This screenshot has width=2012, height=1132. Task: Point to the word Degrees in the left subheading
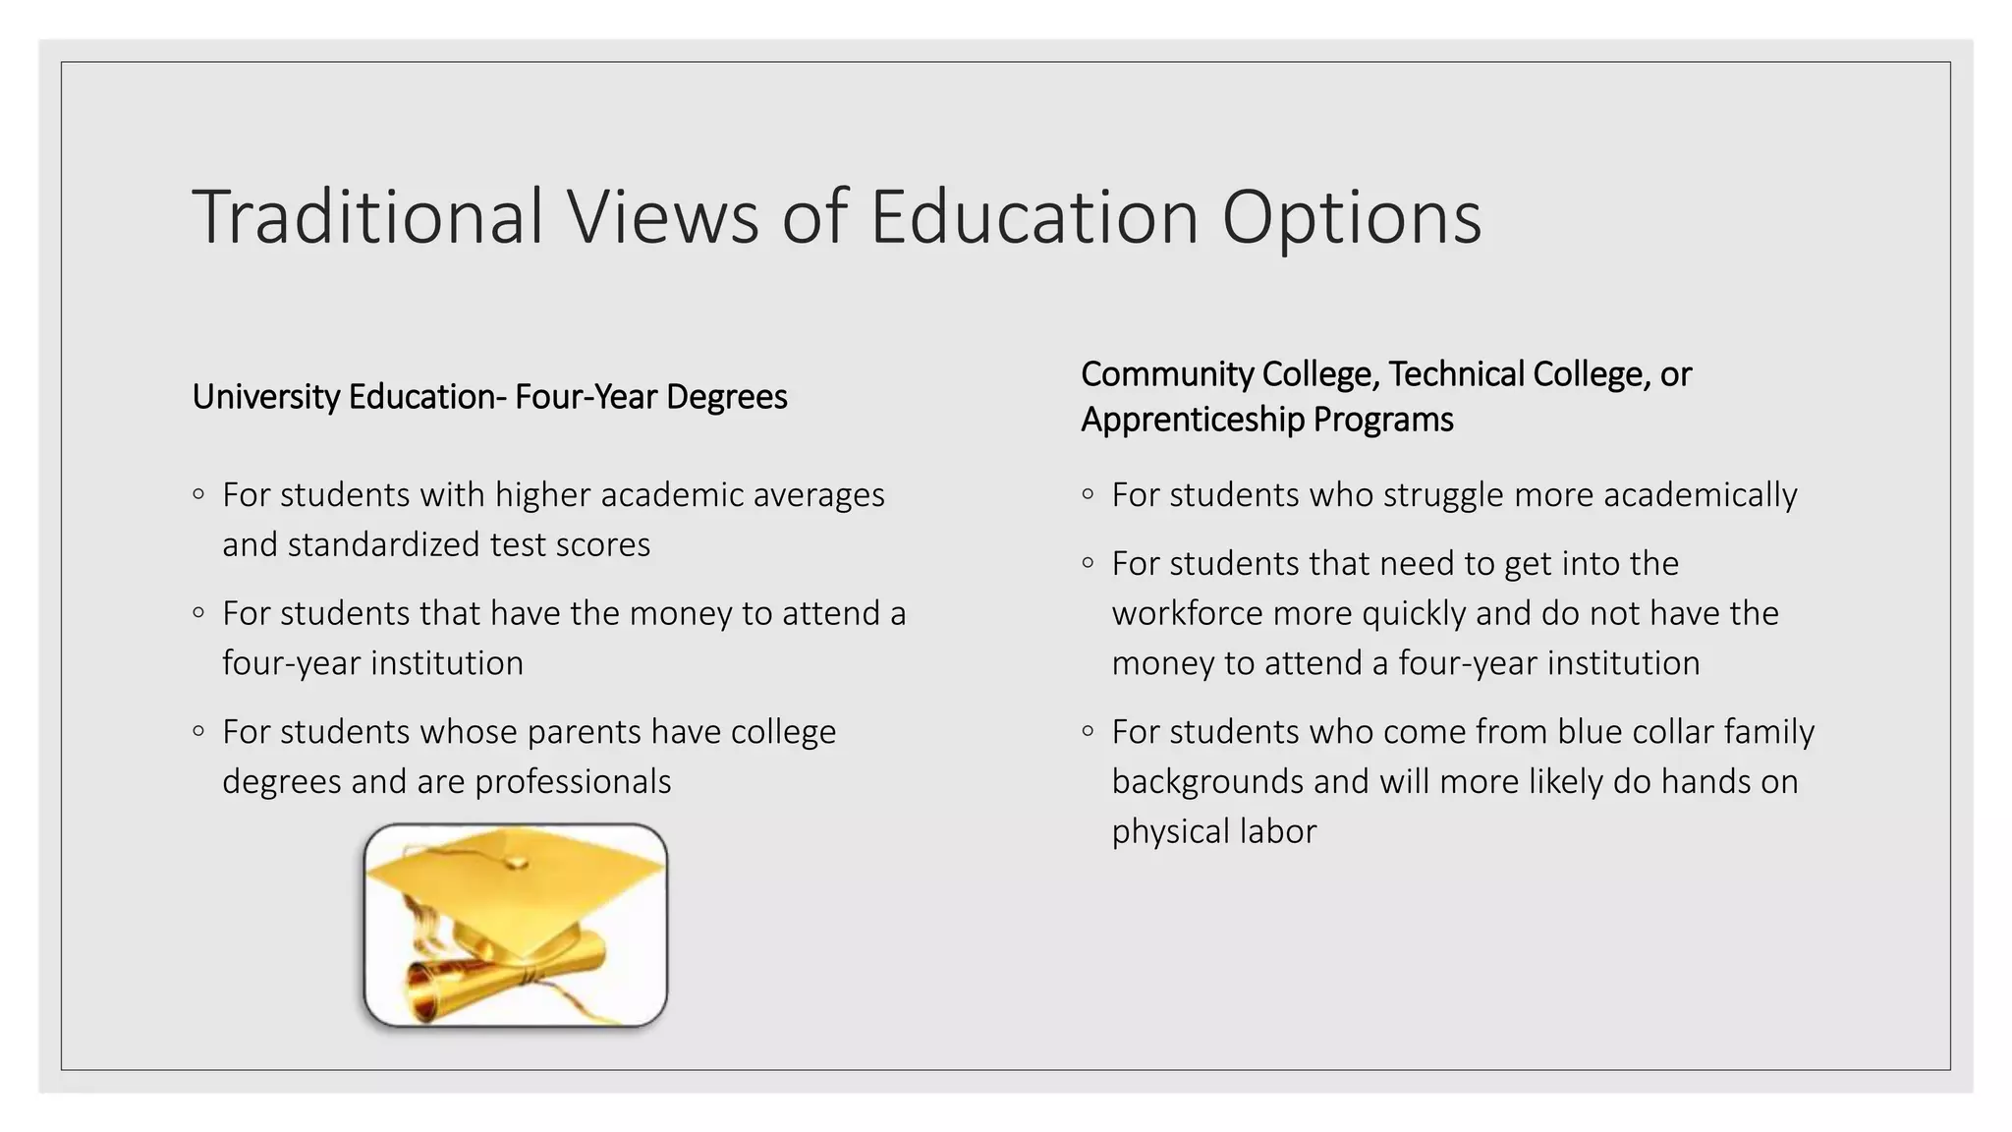727,397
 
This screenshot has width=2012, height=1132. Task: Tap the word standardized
382,544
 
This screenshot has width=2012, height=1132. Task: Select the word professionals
573,782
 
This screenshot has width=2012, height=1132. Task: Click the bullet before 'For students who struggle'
1088,494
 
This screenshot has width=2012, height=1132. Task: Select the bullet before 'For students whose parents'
198,731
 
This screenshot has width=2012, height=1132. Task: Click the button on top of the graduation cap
515,863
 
